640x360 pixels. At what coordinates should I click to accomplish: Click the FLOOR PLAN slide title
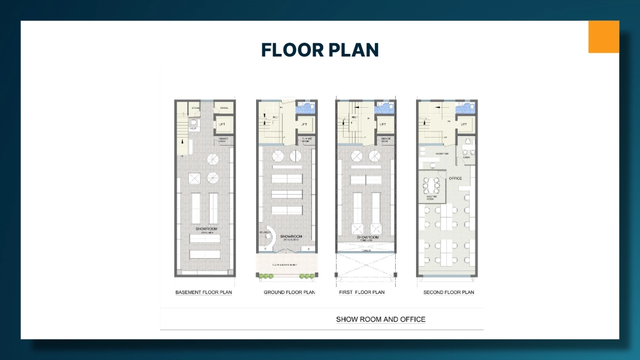319,50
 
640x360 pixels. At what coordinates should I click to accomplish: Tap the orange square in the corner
603,37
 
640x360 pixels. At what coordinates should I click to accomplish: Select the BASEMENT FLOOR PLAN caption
204,292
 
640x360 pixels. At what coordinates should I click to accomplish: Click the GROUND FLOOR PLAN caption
290,292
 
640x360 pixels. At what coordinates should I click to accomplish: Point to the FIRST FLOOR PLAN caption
362,292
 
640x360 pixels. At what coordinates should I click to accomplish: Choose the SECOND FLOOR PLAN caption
449,292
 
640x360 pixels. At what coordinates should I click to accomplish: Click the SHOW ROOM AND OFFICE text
380,319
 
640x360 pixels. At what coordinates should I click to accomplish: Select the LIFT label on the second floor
463,125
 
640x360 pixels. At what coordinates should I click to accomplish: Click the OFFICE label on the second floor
455,178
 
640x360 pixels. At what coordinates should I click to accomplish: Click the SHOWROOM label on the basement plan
206,229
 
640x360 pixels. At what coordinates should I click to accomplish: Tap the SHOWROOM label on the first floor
367,237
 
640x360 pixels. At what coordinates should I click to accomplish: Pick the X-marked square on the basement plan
195,178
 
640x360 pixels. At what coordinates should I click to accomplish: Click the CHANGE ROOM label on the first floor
385,140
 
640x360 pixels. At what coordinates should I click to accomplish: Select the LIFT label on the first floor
383,125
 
